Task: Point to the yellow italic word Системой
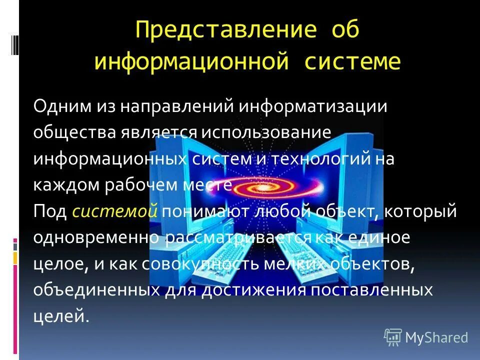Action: (115, 211)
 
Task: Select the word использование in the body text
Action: (266, 133)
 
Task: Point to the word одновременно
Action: (96, 237)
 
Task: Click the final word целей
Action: (61, 316)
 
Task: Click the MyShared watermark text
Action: (436, 338)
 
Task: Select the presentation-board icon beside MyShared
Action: (393, 337)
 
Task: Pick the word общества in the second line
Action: (74, 133)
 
